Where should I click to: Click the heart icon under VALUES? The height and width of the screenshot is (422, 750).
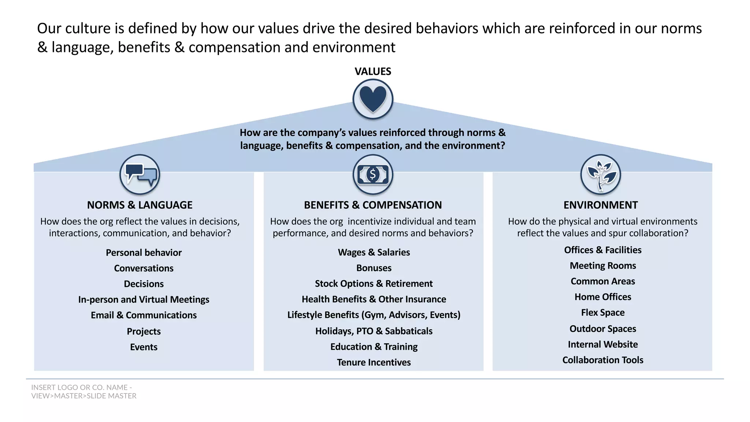[x=373, y=99]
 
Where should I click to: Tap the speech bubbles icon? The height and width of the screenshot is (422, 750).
[x=140, y=175]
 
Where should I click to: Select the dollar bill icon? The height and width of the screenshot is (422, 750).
[x=373, y=175]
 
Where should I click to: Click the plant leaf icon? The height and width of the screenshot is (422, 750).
[x=601, y=175]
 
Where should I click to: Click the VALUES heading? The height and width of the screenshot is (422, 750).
[x=373, y=71]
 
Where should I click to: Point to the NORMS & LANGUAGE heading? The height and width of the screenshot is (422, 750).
[x=140, y=205]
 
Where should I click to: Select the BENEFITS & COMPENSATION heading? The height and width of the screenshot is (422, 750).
[x=373, y=205]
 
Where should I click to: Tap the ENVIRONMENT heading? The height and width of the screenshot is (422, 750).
[x=601, y=205]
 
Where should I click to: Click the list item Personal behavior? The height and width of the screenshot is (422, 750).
[x=144, y=253]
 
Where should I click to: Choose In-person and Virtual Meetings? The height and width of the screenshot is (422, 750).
[x=144, y=300]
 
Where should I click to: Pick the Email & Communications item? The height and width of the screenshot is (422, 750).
[x=144, y=315]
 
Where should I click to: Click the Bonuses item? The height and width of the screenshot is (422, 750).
[x=374, y=268]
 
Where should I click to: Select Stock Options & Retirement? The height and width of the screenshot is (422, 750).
[x=374, y=284]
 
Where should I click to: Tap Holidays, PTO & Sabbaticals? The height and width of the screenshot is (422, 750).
[x=374, y=331]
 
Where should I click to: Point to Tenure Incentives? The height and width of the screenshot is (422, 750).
[x=374, y=363]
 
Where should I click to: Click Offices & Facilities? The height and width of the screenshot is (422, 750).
[x=603, y=250]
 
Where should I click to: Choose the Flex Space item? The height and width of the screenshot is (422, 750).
[x=603, y=313]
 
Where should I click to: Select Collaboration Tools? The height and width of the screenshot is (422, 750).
[x=603, y=360]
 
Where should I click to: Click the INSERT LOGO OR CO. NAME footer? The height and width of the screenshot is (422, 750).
[x=83, y=392]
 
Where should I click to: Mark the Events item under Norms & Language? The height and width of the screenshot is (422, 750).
[x=144, y=347]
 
